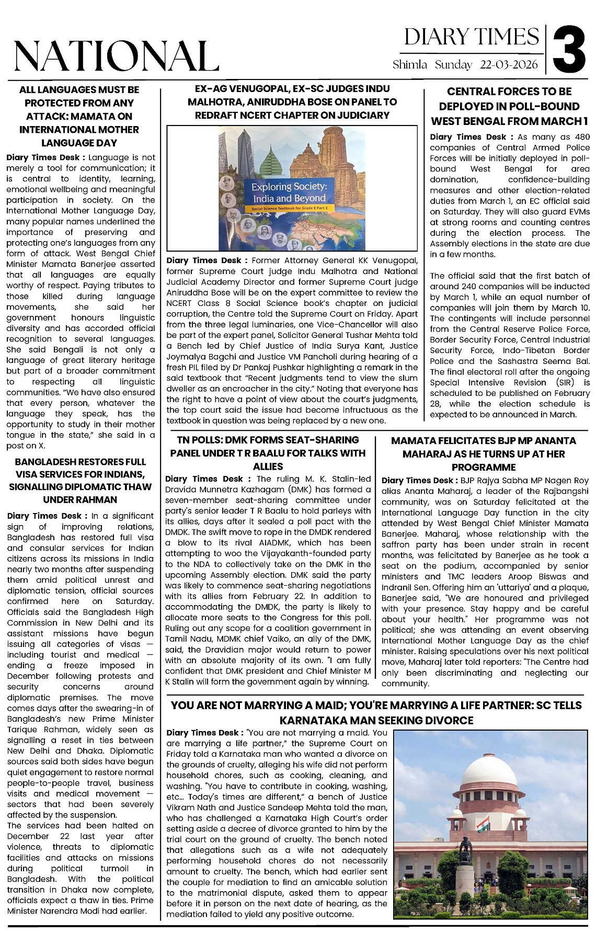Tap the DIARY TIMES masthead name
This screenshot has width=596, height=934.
tap(471, 37)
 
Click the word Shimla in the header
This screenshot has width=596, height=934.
tap(410, 65)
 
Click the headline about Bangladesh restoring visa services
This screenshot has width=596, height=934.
tap(80, 481)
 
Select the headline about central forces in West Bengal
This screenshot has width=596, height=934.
tap(509, 106)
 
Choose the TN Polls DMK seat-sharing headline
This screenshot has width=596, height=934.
tap(268, 453)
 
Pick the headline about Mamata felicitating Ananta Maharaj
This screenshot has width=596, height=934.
tap(484, 454)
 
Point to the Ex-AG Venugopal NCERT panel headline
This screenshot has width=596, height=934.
tap(292, 102)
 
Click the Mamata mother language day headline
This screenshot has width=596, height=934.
tap(79, 116)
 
